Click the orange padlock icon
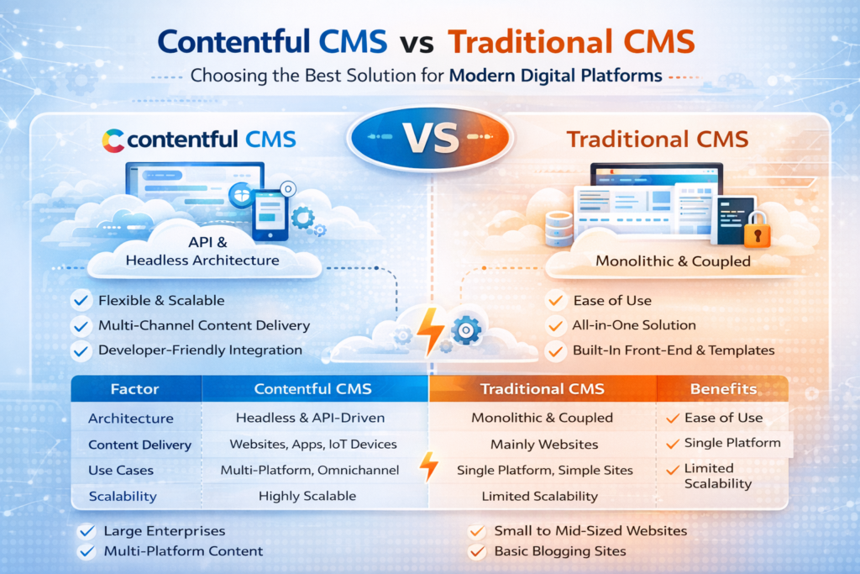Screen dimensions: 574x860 pyautogui.click(x=758, y=228)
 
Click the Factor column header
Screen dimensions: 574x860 pyautogui.click(x=135, y=389)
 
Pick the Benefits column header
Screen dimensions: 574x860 pyautogui.click(x=723, y=389)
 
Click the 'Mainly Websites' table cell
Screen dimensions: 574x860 pyautogui.click(x=544, y=444)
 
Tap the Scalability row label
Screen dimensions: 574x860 pyautogui.click(x=123, y=496)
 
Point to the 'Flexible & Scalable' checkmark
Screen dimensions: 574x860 pyautogui.click(x=81, y=300)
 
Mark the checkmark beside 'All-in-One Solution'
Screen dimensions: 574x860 pyautogui.click(x=555, y=325)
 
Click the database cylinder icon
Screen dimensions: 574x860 pyautogui.click(x=559, y=225)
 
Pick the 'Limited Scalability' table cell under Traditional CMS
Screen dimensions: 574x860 pyautogui.click(x=540, y=496)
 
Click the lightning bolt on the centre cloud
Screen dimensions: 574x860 pyautogui.click(x=431, y=330)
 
